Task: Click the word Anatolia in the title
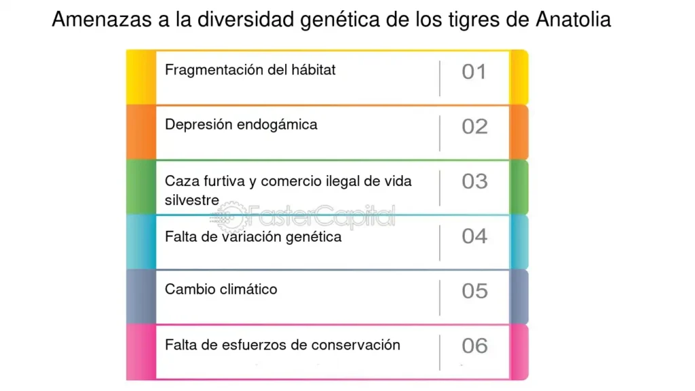point(573,20)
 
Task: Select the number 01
point(474,72)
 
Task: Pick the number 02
point(474,127)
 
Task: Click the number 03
point(474,181)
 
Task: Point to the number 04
point(474,236)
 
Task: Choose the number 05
point(474,291)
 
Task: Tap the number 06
point(474,346)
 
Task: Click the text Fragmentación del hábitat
point(250,70)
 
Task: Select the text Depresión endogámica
point(241,125)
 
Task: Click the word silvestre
point(192,200)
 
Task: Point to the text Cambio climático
point(221,289)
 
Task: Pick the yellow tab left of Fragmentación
point(141,77)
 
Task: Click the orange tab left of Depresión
point(141,132)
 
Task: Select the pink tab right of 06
point(519,352)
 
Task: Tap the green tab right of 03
point(519,187)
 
